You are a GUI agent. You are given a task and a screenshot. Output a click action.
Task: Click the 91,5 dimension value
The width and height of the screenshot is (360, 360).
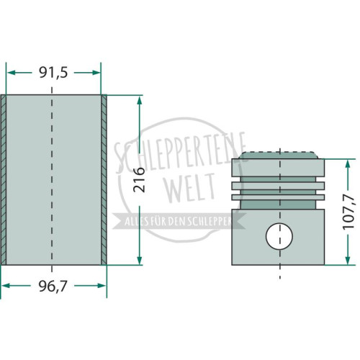pos(53,73)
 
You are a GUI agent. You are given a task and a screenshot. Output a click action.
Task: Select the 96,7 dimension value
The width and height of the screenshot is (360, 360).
pos(53,286)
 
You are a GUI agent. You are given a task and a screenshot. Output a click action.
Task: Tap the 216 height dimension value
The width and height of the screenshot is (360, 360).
pos(139,180)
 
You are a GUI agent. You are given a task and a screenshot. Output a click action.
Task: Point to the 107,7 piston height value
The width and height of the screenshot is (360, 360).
pos(348,212)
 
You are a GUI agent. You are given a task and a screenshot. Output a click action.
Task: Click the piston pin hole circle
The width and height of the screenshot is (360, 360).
pos(279,236)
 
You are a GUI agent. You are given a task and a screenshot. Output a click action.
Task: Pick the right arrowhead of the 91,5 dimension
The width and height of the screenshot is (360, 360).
pos(96,73)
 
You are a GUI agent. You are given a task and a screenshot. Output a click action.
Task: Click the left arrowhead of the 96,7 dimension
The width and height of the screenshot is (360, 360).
pos(6,286)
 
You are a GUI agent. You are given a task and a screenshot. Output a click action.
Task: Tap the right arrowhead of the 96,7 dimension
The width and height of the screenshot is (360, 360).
pos(102,286)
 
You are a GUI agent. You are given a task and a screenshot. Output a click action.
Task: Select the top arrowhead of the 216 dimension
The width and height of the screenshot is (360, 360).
pos(139,100)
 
